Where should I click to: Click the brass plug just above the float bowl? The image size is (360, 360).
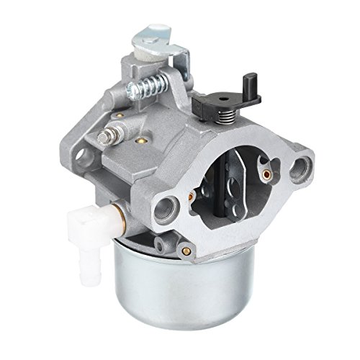189,250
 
